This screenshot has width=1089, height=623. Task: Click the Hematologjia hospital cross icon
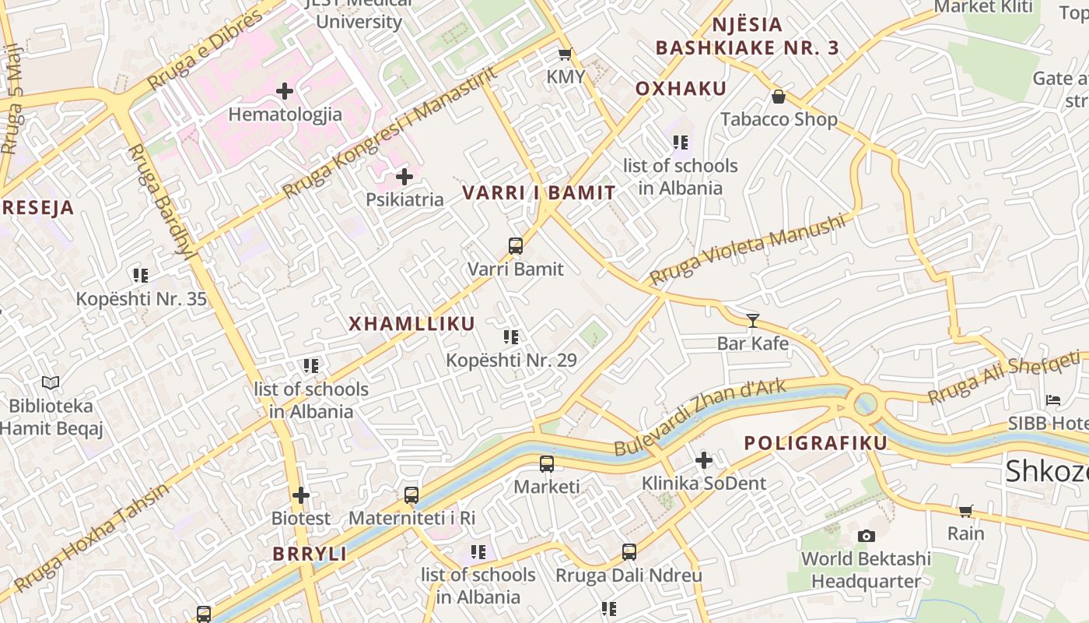[285, 91]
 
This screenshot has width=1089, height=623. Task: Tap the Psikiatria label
[404, 199]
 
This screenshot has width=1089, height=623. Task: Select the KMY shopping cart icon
[566, 54]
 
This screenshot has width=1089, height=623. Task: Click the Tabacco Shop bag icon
[778, 97]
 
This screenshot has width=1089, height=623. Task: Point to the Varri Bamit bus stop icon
[515, 246]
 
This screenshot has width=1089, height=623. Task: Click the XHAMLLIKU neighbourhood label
[411, 324]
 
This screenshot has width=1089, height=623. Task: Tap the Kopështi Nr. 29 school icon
[511, 337]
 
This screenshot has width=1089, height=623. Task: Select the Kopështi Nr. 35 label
[141, 299]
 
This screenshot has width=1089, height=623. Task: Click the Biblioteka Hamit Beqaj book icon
[51, 382]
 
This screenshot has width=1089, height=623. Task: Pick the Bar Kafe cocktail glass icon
[752, 320]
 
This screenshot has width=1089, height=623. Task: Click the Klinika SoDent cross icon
[704, 460]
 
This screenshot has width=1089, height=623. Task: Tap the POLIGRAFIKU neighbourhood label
[815, 443]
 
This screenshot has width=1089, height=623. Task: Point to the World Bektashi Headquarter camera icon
[866, 536]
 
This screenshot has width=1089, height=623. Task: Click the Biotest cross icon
[301, 495]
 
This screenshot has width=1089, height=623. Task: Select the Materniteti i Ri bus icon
[411, 495]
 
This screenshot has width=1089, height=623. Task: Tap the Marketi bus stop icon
[547, 464]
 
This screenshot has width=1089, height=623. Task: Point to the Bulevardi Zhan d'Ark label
[700, 417]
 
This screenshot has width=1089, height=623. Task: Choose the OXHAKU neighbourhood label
[681, 89]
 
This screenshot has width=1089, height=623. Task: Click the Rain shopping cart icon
[965, 511]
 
